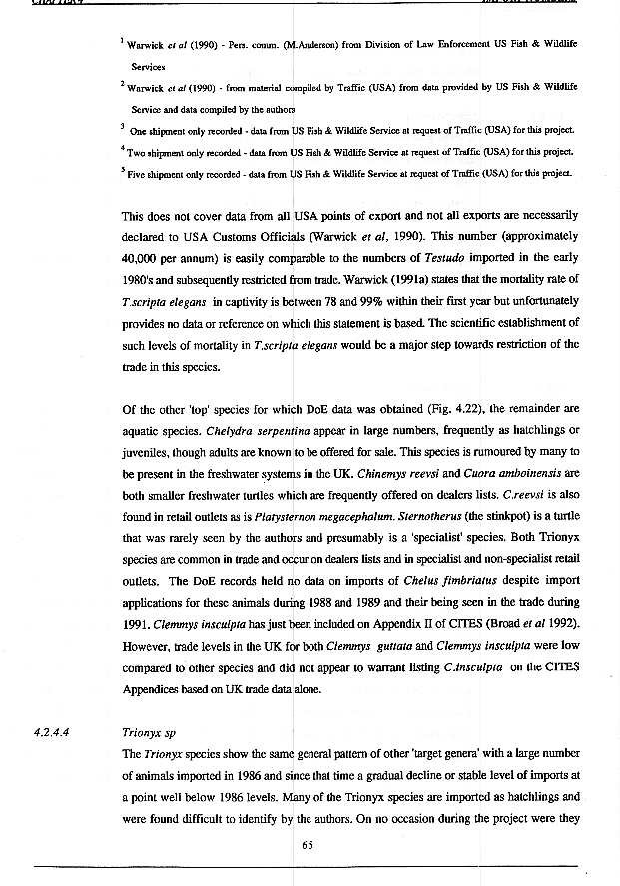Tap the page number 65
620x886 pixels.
coord(309,847)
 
